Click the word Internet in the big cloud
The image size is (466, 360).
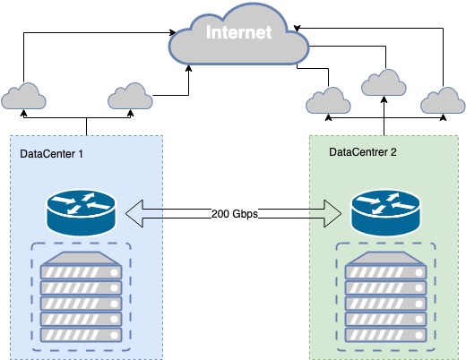pos(237,34)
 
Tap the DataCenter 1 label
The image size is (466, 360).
pos(51,154)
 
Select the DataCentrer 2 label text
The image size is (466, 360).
pos(363,151)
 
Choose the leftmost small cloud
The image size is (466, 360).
pos(23,96)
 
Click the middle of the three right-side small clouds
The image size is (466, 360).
pos(384,82)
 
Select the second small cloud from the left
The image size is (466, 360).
pos(130,94)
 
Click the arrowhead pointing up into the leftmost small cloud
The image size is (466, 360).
pos(23,112)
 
